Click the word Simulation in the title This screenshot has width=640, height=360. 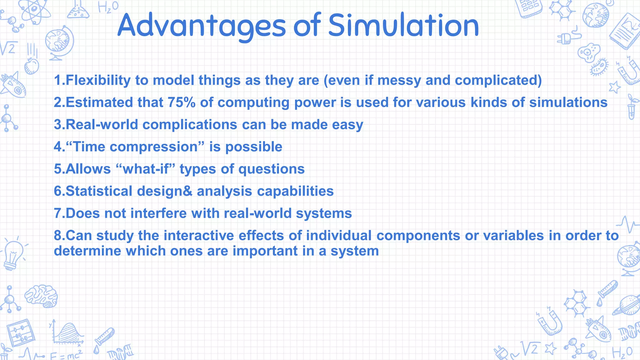pyautogui.click(x=403, y=26)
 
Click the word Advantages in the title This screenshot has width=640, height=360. pyautogui.click(x=202, y=26)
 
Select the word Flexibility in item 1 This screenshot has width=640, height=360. pyautogui.click(x=98, y=80)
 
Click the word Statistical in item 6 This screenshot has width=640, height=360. pyautogui.click(x=99, y=191)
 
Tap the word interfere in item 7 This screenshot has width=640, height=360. pyautogui.click(x=158, y=213)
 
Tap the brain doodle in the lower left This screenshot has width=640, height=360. pyautogui.click(x=41, y=295)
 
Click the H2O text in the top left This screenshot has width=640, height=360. pyautogui.click(x=108, y=7)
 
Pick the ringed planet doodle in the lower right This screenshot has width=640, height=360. pyautogui.click(x=627, y=305)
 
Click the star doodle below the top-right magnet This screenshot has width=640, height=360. pyautogui.click(x=614, y=87)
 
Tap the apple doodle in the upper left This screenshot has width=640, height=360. pyautogui.click(x=31, y=66)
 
